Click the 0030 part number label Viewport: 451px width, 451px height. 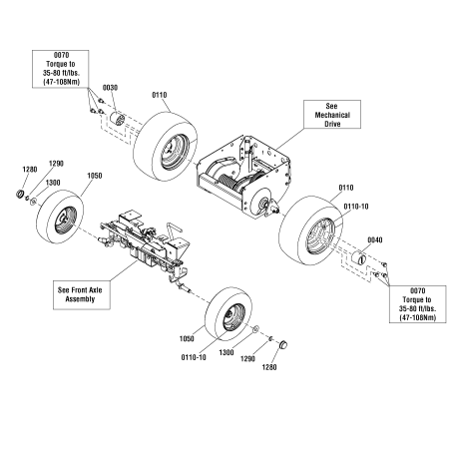(x=111, y=88)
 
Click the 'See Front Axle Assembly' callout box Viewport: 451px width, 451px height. (x=83, y=292)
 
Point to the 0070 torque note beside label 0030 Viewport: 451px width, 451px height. (x=63, y=72)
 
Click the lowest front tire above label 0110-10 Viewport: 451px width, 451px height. (x=228, y=314)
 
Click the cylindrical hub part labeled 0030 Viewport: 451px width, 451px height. (x=116, y=125)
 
